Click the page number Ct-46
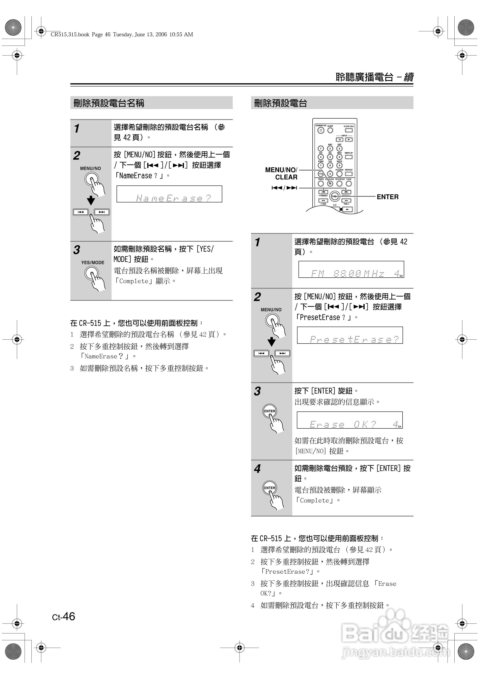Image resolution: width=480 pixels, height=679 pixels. pyautogui.click(x=64, y=617)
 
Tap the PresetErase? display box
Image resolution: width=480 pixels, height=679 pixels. pyautogui.click(x=350, y=335)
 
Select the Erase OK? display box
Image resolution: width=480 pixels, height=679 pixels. pyautogui.click(x=350, y=420)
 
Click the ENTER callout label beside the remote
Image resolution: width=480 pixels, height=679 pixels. pyautogui.click(x=387, y=197)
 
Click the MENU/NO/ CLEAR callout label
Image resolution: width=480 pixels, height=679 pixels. pyautogui.click(x=281, y=174)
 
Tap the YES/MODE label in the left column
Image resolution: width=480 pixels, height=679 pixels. pyautogui.click(x=93, y=263)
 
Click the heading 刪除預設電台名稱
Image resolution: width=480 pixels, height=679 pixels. pyautogui.click(x=109, y=103)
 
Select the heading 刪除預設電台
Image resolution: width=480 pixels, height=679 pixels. pyautogui.click(x=280, y=103)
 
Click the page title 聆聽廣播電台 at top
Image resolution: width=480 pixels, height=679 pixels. pyautogui.click(x=364, y=77)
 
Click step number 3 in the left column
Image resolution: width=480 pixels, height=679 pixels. pyautogui.click(x=77, y=250)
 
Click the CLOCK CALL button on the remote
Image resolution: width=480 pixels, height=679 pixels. pyautogui.click(x=349, y=130)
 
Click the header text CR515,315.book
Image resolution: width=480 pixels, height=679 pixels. pyautogui.click(x=70, y=35)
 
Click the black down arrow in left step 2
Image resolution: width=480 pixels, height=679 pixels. pyautogui.click(x=91, y=201)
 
